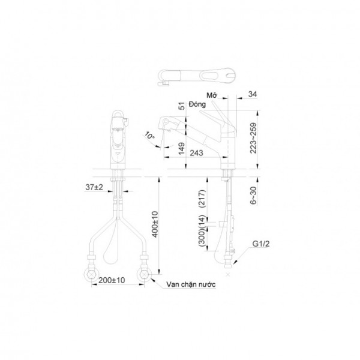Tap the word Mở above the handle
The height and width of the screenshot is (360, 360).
pyautogui.click(x=211, y=95)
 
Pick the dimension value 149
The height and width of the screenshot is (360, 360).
pyautogui.click(x=181, y=146)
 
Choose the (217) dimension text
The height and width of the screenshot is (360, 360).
pyautogui.click(x=203, y=197)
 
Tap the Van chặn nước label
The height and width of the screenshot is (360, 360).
pyautogui.click(x=193, y=286)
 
